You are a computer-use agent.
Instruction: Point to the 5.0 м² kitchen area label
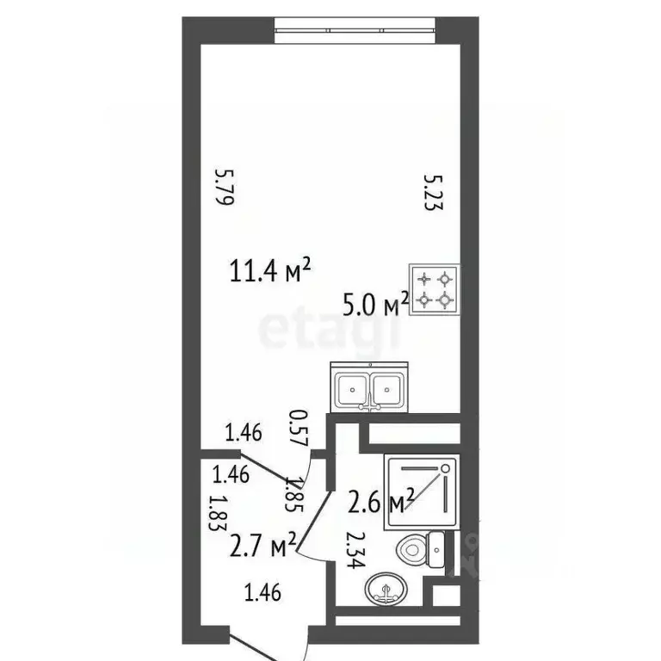(376, 303)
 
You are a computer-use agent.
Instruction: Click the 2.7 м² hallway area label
(263, 544)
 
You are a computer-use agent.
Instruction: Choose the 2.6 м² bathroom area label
(382, 502)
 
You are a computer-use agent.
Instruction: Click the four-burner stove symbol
(435, 290)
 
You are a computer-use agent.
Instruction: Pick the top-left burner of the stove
(424, 279)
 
